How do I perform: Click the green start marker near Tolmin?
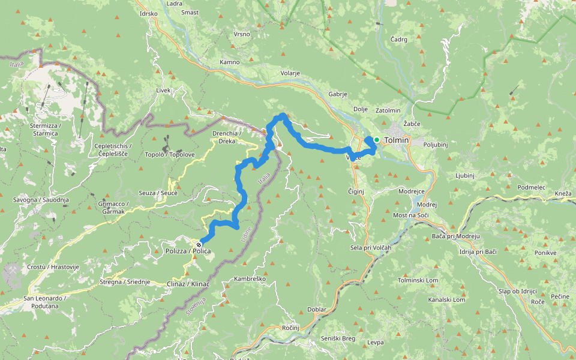coord(376,140)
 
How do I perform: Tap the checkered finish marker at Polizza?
coord(199,245)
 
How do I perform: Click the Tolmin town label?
coord(396,140)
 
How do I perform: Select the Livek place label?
coord(163,91)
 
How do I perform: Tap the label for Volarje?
coord(290,74)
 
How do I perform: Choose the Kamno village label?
coord(230,62)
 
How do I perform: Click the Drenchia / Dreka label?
coord(227,137)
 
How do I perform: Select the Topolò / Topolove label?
coord(170,154)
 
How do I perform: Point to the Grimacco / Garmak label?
coord(115,207)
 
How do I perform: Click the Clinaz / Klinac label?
coord(188,284)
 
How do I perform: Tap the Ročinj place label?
coord(290,329)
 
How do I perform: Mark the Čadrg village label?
coord(398,39)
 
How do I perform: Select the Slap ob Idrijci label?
coord(517,291)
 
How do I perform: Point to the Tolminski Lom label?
coord(418,280)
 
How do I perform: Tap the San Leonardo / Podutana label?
coord(44,302)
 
